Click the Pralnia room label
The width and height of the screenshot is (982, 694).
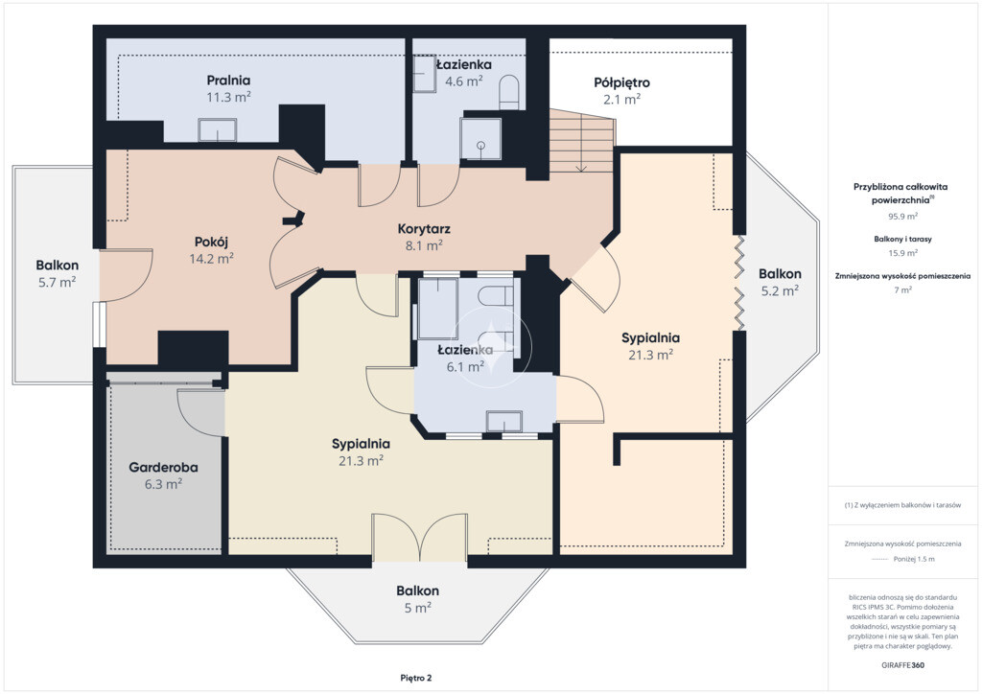[228, 81]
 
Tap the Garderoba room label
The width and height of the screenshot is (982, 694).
[163, 467]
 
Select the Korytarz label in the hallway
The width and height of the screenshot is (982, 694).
[424, 229]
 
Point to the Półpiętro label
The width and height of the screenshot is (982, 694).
[621, 82]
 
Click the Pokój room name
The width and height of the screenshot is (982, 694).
[211, 242]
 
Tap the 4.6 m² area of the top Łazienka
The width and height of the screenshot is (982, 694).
[463, 81]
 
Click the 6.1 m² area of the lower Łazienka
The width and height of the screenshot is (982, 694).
[465, 367]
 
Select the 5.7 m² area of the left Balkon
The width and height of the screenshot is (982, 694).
[57, 282]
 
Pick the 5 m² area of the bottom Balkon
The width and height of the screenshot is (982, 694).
[418, 608]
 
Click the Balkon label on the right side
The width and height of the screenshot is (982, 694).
[780, 273]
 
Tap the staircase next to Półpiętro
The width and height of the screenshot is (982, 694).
[582, 142]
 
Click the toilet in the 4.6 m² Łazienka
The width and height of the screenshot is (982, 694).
[510, 92]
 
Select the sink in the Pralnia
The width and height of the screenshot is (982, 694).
[218, 130]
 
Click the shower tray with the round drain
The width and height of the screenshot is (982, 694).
[480, 138]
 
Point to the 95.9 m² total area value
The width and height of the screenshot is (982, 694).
[902, 217]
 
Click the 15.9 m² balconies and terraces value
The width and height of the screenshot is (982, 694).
[902, 253]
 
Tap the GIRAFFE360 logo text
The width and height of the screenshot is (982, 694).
[902, 664]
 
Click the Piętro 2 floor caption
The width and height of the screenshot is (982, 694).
[416, 678]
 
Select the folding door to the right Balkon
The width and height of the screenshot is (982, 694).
[739, 283]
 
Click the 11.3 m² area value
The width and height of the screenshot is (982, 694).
[228, 97]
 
